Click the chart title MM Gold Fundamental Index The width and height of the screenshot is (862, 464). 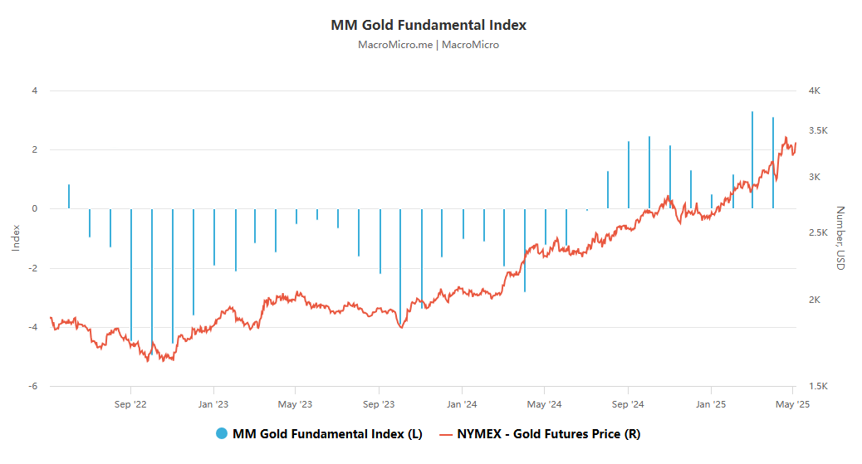point(429,25)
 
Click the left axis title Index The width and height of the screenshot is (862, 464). point(16,237)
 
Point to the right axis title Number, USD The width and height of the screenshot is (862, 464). point(840,237)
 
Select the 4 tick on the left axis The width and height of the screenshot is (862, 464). point(35,90)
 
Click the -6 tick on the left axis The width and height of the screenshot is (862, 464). point(33,387)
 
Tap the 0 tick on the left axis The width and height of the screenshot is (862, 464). point(35,209)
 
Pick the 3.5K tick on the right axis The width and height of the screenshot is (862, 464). point(818,131)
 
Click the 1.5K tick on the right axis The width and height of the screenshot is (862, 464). point(818,387)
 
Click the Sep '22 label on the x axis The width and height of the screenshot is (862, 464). point(130,404)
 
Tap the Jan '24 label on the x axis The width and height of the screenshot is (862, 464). point(462,404)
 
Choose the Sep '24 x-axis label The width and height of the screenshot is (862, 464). point(628,404)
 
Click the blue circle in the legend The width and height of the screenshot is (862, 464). point(222,433)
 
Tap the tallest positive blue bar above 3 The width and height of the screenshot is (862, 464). point(752,158)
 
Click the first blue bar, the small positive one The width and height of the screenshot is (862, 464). point(69,197)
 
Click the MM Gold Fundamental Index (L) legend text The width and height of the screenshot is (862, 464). point(327,433)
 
